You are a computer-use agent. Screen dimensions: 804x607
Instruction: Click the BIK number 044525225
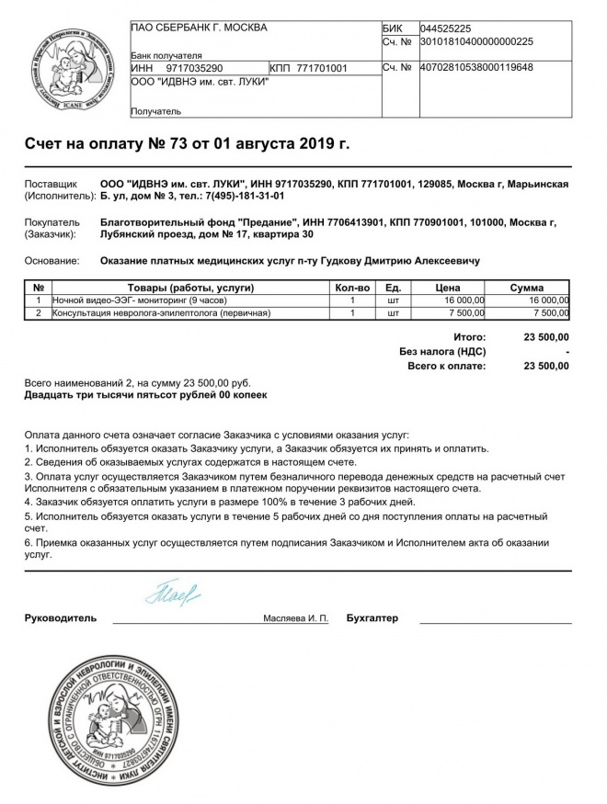pyautogui.click(x=446, y=28)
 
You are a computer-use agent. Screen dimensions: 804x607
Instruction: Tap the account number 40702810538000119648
pyautogui.click(x=476, y=67)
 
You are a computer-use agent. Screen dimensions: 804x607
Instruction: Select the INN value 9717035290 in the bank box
pyautogui.click(x=195, y=68)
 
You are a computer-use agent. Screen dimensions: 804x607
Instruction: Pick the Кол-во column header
pyautogui.click(x=352, y=288)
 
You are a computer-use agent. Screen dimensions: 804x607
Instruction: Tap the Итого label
pyautogui.click(x=469, y=337)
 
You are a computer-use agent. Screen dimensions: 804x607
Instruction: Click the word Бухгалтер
pyautogui.click(x=372, y=618)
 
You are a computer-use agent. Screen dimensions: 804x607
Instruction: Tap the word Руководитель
pyautogui.click(x=61, y=618)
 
